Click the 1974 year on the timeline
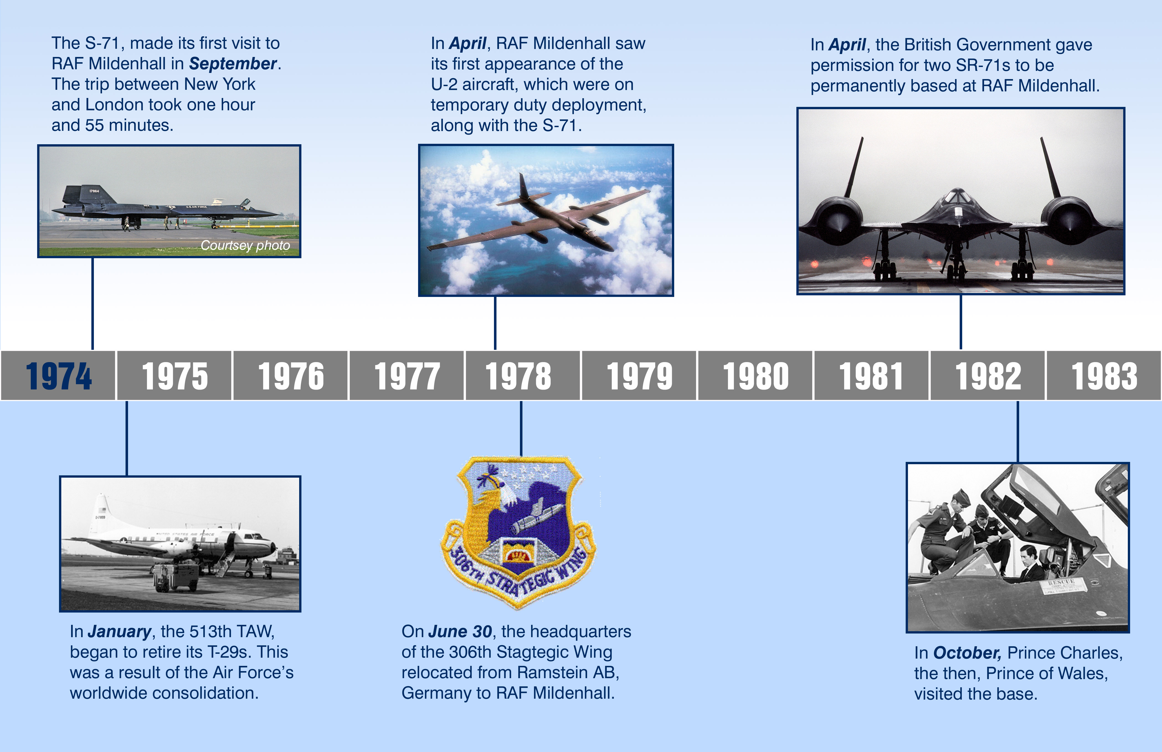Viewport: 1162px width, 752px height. [59, 376]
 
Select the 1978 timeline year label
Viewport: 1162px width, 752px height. [519, 376]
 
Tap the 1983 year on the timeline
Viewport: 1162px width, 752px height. [1104, 376]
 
